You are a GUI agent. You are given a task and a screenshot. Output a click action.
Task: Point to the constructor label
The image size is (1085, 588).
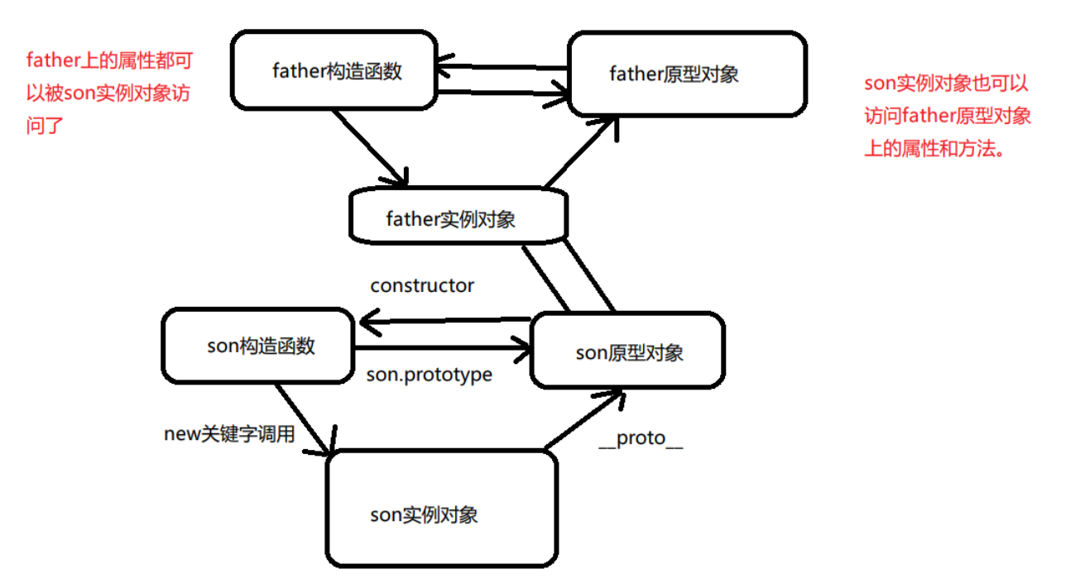pyautogui.click(x=422, y=285)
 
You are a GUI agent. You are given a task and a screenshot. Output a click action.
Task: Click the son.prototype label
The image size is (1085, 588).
pyautogui.click(x=430, y=375)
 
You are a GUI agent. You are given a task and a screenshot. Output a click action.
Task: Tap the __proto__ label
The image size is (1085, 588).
pyautogui.click(x=641, y=439)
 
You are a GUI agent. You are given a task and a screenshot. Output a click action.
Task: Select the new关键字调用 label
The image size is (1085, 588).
pyautogui.click(x=229, y=434)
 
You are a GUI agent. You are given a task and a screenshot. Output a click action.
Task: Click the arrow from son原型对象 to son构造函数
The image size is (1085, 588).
pyautogui.click(x=445, y=320)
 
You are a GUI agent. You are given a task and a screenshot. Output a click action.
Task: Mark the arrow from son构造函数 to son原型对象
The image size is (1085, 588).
pyautogui.click(x=443, y=347)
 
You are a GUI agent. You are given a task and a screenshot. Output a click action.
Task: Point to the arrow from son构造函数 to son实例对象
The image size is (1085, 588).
pyautogui.click(x=305, y=420)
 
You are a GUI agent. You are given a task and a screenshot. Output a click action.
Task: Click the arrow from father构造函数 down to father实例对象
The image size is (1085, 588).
pyautogui.click(x=370, y=148)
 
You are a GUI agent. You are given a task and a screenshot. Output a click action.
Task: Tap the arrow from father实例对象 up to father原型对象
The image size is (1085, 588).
pyautogui.click(x=581, y=151)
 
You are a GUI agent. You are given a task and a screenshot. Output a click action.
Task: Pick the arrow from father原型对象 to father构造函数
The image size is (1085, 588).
pyautogui.click(x=502, y=67)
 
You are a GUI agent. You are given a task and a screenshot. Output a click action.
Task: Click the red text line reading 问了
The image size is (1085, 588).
pyautogui.click(x=45, y=126)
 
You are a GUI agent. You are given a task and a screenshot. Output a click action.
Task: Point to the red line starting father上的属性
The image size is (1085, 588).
pyautogui.click(x=109, y=60)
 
